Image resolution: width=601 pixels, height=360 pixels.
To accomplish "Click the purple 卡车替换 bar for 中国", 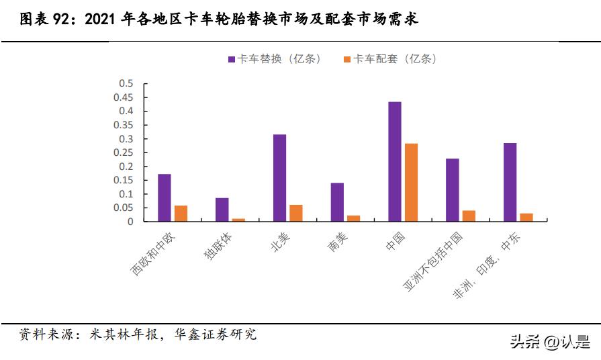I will pyautogui.click(x=395, y=161).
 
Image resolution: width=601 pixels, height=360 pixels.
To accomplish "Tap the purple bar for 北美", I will pyautogui.click(x=279, y=177).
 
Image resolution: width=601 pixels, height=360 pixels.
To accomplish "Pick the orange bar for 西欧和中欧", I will pyautogui.click(x=181, y=213).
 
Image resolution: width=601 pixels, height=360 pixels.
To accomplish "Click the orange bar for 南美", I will pyautogui.click(x=353, y=218).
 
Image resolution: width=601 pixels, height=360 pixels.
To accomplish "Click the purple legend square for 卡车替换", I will pyautogui.click(x=232, y=59).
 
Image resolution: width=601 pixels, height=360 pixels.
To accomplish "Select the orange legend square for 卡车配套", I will pyautogui.click(x=347, y=59).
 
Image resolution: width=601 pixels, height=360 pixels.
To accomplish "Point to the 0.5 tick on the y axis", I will pyautogui.click(x=126, y=83).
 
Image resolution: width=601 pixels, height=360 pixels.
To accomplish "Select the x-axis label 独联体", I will pyautogui.click(x=214, y=247).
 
